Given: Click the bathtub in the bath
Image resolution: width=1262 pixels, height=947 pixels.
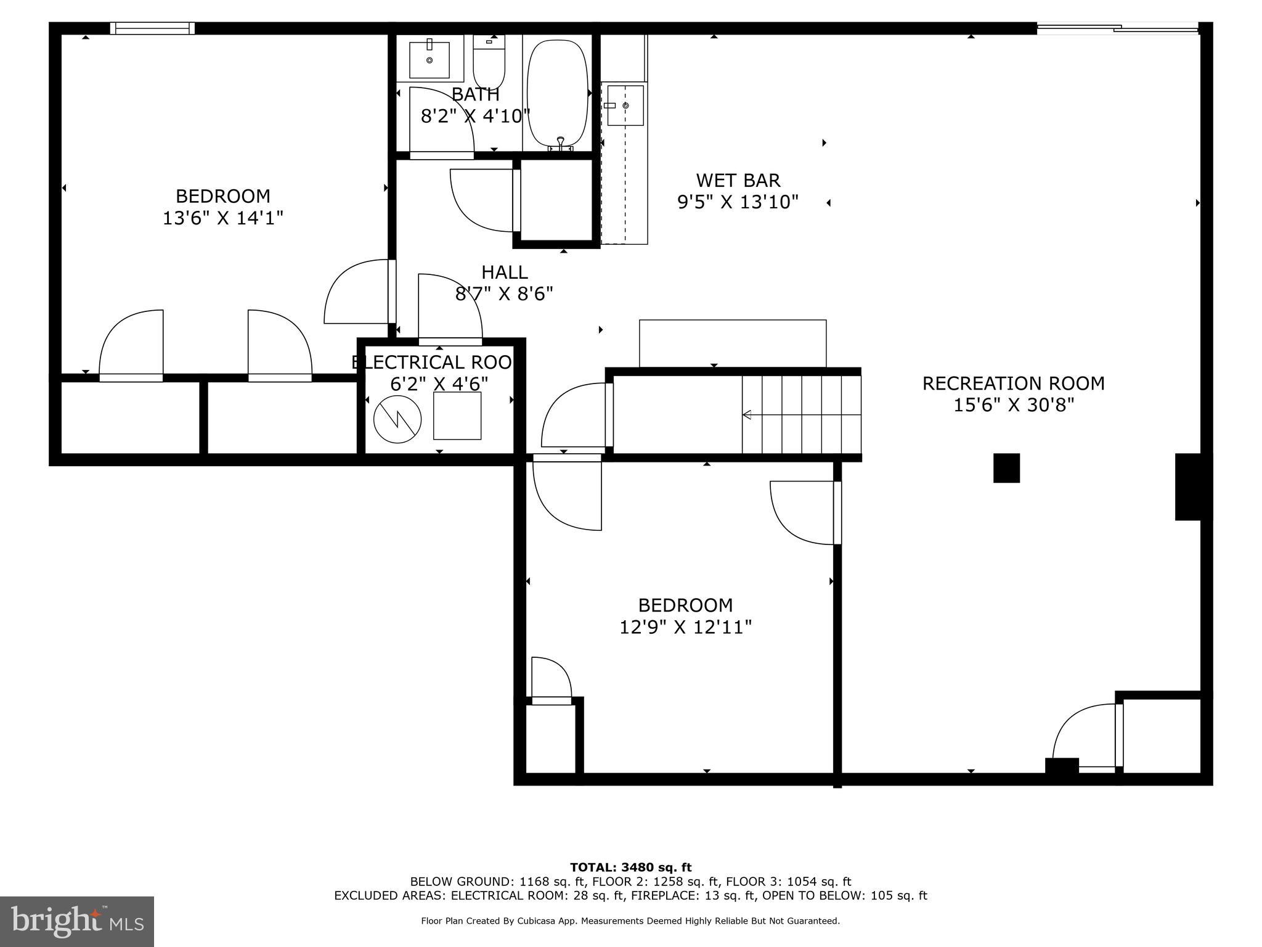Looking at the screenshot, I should click(x=558, y=92).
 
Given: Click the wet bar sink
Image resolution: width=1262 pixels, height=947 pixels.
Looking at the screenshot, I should click(x=625, y=105).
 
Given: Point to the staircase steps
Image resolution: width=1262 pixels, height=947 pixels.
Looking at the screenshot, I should click(x=801, y=414).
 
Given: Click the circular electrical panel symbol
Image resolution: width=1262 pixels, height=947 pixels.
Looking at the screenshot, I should click(x=397, y=419).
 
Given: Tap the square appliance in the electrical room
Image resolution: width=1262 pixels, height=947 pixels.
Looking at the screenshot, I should click(x=457, y=416).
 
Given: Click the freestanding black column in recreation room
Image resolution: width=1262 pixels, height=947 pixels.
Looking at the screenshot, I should click(x=1006, y=468).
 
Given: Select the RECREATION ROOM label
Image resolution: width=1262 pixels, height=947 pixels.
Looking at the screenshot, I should click(x=1013, y=383).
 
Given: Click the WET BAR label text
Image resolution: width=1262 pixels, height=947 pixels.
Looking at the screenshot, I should click(x=738, y=181).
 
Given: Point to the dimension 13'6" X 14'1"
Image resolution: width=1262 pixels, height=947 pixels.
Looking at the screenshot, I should click(x=223, y=218).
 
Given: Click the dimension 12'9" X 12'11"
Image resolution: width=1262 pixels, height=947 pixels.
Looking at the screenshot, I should click(x=685, y=628).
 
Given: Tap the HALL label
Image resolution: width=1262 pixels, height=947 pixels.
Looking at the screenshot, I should click(x=504, y=272).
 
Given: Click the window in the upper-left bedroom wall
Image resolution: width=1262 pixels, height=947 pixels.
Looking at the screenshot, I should click(x=152, y=28).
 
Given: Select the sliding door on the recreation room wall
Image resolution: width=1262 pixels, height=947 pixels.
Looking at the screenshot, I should click(x=1117, y=28).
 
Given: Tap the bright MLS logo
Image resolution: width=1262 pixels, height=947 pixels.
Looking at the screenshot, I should click(x=77, y=921).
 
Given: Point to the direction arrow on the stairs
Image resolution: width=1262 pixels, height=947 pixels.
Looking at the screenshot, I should click(x=747, y=415).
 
